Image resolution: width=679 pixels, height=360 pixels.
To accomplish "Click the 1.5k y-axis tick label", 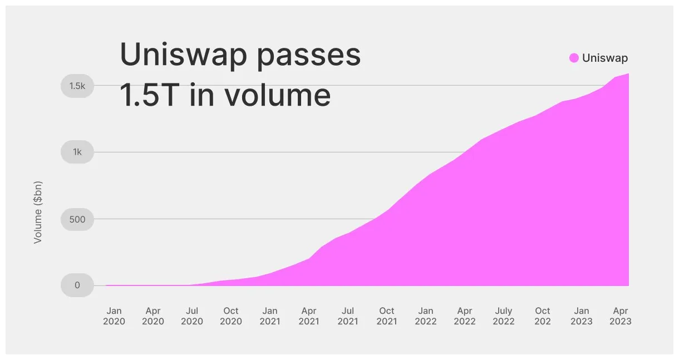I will (x=77, y=86).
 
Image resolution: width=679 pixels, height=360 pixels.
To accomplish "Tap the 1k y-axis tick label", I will (x=77, y=152).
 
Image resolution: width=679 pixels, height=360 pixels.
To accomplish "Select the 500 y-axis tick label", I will (x=77, y=219).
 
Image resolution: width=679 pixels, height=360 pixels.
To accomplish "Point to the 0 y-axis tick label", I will (x=77, y=285).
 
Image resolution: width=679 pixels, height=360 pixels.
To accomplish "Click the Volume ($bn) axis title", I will (x=38, y=212).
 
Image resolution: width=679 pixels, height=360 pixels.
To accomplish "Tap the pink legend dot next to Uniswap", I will (x=574, y=58).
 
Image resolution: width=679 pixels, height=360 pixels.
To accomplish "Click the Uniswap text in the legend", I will (x=604, y=58).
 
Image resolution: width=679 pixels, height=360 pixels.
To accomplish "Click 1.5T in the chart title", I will (x=151, y=95).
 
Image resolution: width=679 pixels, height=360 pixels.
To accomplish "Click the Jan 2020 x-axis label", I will (x=114, y=316).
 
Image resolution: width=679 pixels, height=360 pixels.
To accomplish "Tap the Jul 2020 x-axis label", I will (x=192, y=316).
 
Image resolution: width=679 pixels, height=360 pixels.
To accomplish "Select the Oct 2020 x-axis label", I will (x=231, y=316).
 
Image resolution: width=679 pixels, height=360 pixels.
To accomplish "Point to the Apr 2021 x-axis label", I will (x=309, y=316).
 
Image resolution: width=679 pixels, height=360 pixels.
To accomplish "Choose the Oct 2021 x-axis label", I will (x=387, y=316).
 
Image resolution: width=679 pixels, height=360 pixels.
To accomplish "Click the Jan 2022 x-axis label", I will (x=426, y=316).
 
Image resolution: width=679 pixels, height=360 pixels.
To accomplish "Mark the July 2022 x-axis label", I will (x=504, y=316).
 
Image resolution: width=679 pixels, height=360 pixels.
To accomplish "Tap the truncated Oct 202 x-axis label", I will (x=543, y=316).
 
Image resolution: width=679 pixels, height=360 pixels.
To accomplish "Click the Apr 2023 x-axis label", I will (x=620, y=316).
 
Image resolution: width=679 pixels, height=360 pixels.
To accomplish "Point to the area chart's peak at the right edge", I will (x=627, y=75).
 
